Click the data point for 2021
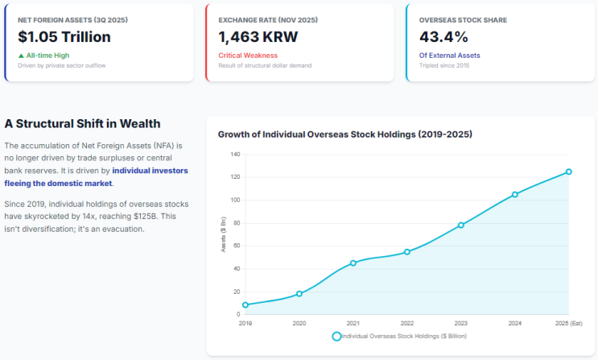click(x=353, y=263)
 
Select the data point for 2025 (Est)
click(x=569, y=172)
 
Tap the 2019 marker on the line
click(x=245, y=305)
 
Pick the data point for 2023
click(x=460, y=226)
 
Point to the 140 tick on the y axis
click(x=235, y=155)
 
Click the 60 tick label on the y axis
click(x=237, y=246)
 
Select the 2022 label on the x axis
click(x=407, y=323)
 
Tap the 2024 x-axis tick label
click(x=515, y=323)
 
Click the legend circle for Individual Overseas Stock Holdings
click(x=336, y=337)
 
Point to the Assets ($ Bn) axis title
click(x=224, y=234)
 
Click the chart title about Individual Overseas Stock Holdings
click(x=345, y=134)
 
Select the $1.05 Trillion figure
click(x=64, y=37)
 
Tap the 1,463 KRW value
click(x=258, y=37)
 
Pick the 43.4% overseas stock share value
click(x=443, y=37)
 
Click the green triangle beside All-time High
click(x=21, y=56)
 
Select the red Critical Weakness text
click(x=248, y=56)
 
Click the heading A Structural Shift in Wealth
click(x=82, y=124)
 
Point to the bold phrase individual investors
click(x=150, y=171)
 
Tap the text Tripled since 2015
click(x=444, y=66)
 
